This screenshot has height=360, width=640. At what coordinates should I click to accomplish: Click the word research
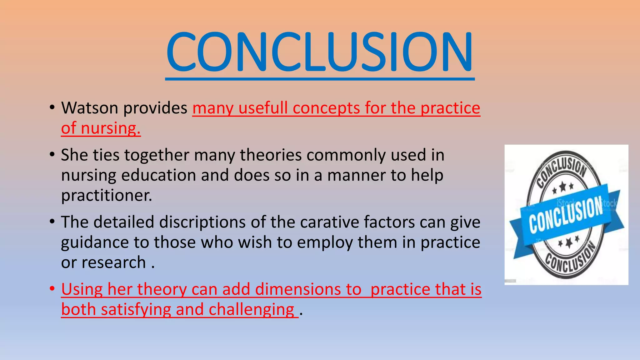(113, 262)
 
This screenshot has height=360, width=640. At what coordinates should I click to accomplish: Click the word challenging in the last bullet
(251, 309)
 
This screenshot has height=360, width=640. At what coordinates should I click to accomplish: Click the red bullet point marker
(52, 288)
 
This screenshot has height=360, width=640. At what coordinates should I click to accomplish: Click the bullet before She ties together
(52, 154)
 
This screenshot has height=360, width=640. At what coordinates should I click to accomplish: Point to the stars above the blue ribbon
(562, 187)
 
